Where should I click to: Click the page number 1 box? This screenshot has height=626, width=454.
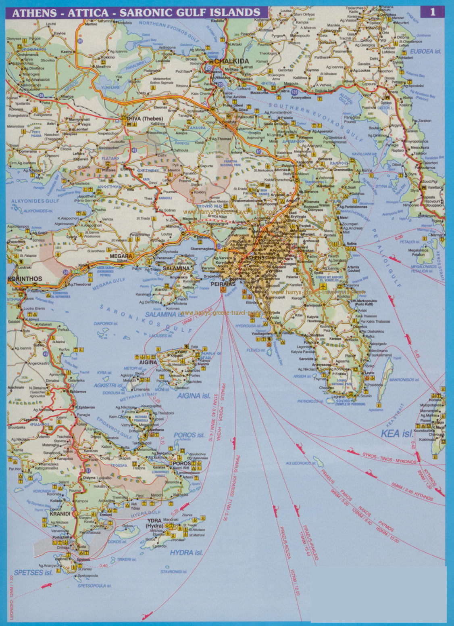[x=433, y=12]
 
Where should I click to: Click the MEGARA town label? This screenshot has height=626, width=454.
[x=121, y=256]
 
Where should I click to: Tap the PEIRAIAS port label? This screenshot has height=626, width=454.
[x=223, y=284]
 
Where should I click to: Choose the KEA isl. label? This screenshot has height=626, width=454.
[x=397, y=433]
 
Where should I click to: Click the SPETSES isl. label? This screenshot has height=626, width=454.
[x=33, y=572]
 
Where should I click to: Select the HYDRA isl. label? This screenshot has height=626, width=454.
[x=186, y=553]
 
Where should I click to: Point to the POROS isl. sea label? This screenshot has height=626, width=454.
[x=190, y=435]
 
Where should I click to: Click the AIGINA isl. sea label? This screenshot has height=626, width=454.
[x=194, y=396]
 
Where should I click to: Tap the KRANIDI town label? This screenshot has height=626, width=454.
[x=60, y=514]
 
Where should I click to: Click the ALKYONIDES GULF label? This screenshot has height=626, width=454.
[x=35, y=201]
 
